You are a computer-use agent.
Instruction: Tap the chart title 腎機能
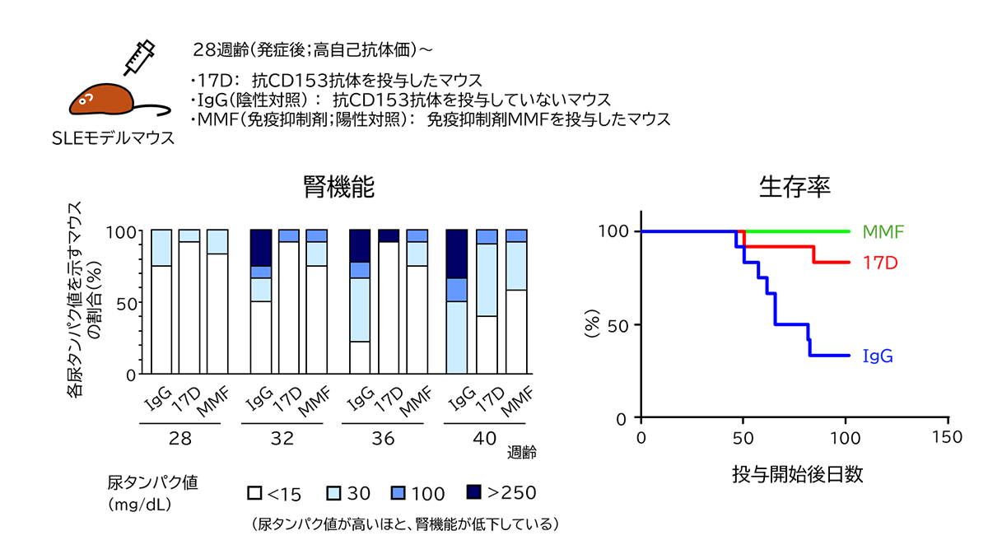[x=339, y=188]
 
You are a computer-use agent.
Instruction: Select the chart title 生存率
[x=794, y=188]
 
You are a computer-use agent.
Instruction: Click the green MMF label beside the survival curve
[x=883, y=231]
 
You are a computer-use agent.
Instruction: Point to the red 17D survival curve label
[x=879, y=263]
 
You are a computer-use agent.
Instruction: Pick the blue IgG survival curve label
[x=878, y=356]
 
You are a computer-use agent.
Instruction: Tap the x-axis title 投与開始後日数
[x=797, y=474]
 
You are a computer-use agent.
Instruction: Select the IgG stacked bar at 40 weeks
[x=456, y=301]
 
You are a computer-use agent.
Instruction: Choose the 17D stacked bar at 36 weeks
[x=389, y=301]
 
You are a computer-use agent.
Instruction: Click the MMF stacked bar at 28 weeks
[x=217, y=301]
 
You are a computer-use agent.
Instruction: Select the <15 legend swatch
[x=255, y=493]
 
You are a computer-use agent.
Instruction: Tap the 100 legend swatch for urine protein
[x=398, y=493]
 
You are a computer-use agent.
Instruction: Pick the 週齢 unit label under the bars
[x=522, y=452]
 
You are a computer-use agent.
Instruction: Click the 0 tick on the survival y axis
[x=624, y=418]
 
